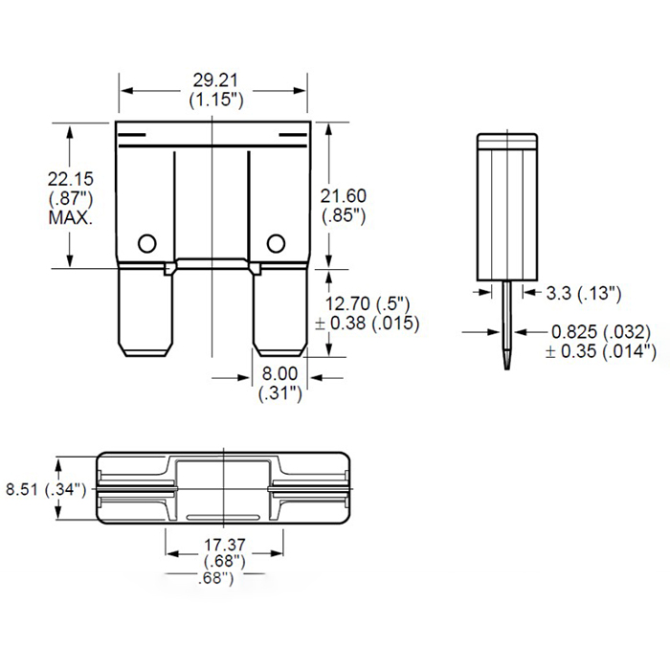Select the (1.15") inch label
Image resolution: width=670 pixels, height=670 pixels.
(x=214, y=100)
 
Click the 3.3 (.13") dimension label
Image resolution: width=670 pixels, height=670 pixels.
(x=585, y=292)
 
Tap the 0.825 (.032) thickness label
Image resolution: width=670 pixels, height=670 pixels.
(x=602, y=332)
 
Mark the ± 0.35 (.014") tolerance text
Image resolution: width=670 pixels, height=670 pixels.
(x=602, y=351)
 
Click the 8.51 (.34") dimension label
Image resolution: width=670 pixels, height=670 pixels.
(x=46, y=489)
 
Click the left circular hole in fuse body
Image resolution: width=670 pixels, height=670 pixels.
(x=146, y=242)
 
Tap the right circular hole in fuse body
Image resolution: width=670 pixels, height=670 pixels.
(x=278, y=242)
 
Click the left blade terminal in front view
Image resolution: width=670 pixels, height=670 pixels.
(x=145, y=311)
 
